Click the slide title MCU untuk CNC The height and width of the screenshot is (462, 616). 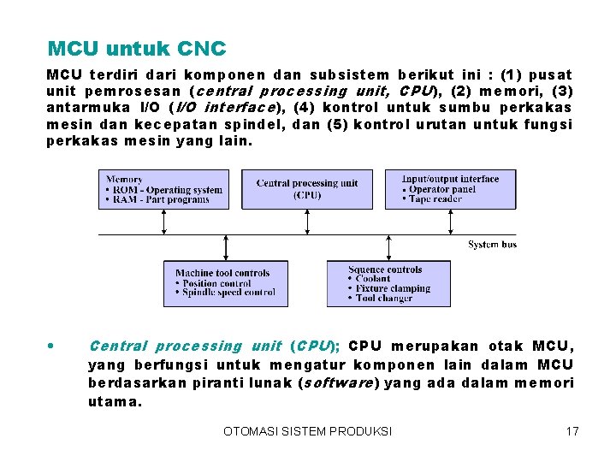coord(137,48)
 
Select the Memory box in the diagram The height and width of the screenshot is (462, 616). coord(164,189)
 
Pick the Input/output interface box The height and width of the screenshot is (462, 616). coord(450,189)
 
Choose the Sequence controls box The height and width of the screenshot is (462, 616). coord(388,283)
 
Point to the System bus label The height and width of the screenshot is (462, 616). coord(492,245)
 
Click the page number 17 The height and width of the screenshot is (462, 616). coord(572,431)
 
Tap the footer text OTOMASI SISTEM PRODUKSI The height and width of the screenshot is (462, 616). coord(308,431)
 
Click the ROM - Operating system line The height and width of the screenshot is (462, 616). coord(165,190)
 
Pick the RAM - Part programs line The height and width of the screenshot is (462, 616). coord(159,199)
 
